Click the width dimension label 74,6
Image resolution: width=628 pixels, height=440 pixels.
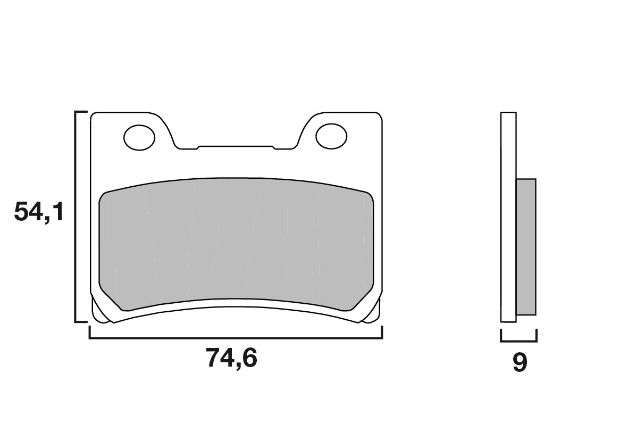click(x=231, y=359)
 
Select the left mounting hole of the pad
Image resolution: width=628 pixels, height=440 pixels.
click(x=139, y=137)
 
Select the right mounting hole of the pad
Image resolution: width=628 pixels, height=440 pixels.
click(x=331, y=136)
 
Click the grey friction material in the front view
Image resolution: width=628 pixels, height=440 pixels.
click(x=237, y=242)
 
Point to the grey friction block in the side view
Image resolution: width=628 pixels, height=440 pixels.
click(x=526, y=246)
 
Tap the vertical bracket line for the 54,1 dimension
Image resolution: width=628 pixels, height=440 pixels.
click(x=76, y=217)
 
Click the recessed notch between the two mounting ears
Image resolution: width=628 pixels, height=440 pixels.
click(x=235, y=147)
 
